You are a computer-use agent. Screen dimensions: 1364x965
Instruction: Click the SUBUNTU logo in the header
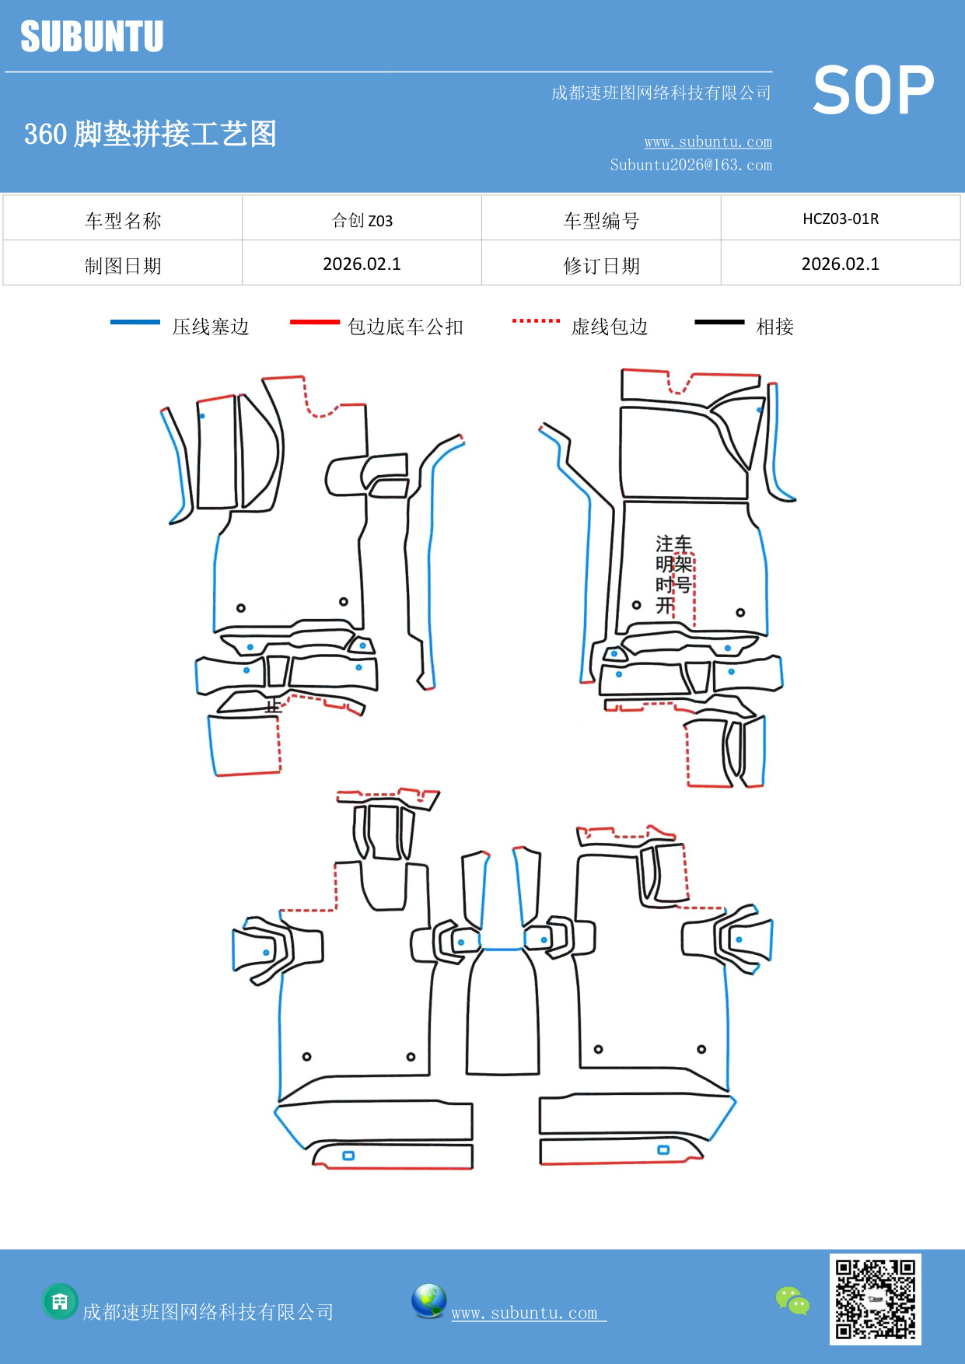[x=92, y=37]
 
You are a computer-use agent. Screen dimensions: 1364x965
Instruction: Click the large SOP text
[x=873, y=90]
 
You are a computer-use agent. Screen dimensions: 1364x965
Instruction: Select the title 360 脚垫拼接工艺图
[x=150, y=134]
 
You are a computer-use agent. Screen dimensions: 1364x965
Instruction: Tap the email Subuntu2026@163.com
[x=691, y=165]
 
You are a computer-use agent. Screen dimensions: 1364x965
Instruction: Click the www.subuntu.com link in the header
[x=708, y=142]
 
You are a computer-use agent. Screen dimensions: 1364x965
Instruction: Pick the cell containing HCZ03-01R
[x=840, y=219]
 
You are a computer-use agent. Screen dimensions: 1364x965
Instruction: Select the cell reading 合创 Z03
[x=362, y=220]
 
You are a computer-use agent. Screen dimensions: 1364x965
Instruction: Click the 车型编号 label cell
[x=600, y=220]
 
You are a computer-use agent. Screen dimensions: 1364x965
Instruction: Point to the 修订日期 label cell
[x=600, y=265]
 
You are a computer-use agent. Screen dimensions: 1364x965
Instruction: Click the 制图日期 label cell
[x=123, y=265]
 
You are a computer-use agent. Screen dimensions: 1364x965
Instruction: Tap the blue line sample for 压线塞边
[x=135, y=322]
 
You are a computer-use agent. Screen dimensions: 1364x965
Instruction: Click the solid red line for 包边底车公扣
[x=314, y=322]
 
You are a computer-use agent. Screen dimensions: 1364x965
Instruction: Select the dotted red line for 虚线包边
[x=536, y=320]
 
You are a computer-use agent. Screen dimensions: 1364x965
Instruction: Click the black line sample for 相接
[x=719, y=322]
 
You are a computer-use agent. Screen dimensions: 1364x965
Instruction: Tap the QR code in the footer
[x=875, y=1299]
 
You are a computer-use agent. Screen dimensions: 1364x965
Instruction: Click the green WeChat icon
[x=792, y=1300]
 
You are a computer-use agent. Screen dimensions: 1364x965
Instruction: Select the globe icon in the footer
[x=428, y=1301]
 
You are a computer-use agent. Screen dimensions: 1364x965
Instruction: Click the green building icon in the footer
[x=60, y=1301]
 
